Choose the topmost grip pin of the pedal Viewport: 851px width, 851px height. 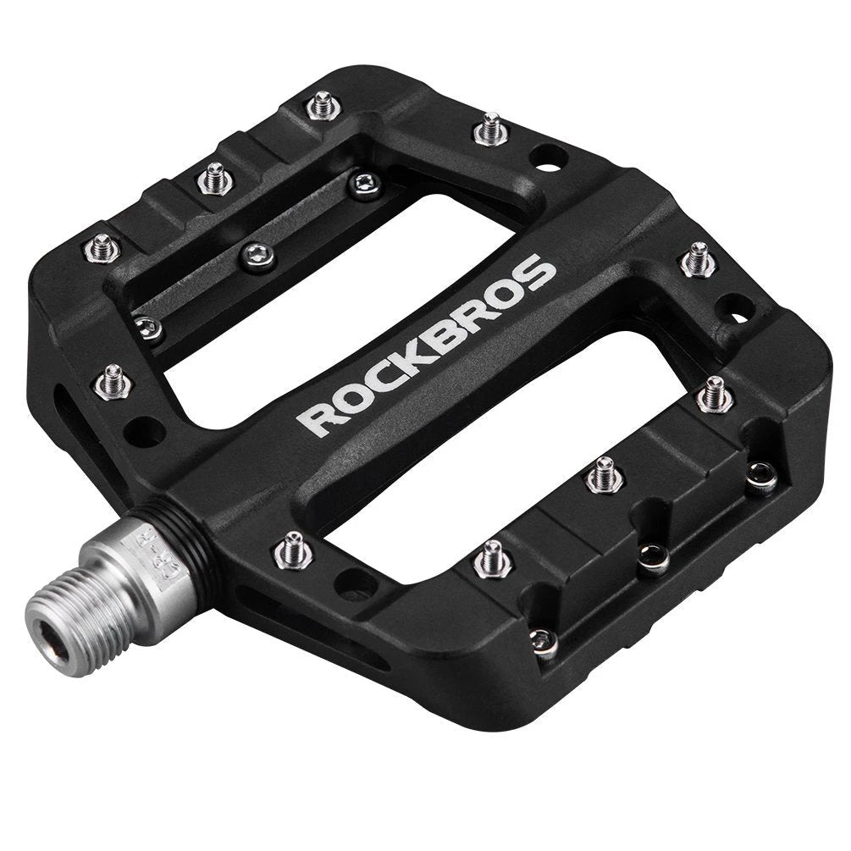coord(323,105)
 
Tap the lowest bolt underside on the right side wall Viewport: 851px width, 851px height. coord(544,641)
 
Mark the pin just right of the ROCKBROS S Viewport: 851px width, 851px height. coord(699,258)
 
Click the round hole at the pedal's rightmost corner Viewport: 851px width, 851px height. coord(735,308)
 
